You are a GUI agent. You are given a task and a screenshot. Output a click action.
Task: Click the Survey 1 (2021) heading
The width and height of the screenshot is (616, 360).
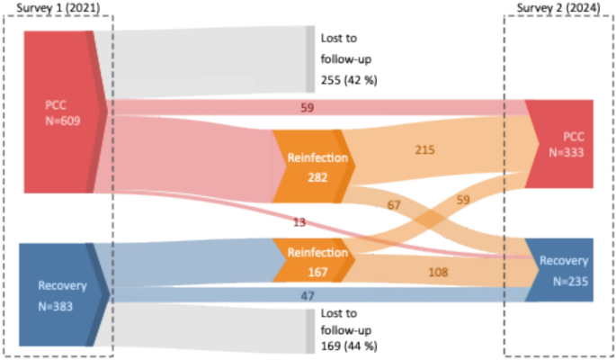[x=58, y=7]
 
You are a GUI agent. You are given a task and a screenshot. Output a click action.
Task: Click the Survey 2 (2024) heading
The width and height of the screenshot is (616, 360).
[x=558, y=7]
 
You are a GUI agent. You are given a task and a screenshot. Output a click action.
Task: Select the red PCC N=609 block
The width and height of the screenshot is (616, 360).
[x=66, y=112]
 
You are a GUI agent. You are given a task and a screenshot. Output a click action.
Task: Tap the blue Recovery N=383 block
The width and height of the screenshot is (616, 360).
[x=64, y=295]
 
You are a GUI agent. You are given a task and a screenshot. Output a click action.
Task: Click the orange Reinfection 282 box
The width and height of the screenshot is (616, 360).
[x=314, y=166]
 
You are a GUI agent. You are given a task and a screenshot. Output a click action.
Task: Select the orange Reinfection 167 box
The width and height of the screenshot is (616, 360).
[x=314, y=260]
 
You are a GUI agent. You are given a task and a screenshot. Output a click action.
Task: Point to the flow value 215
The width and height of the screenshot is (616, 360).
[x=425, y=149]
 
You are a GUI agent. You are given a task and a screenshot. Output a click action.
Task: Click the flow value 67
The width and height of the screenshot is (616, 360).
[x=394, y=205]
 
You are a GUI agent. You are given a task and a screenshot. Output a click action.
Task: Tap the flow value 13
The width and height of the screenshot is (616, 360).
[x=299, y=222]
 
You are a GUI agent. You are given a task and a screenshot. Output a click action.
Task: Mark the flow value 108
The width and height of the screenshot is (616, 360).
[x=438, y=272]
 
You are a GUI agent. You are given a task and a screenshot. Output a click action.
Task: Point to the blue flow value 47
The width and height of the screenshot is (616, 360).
[x=308, y=295]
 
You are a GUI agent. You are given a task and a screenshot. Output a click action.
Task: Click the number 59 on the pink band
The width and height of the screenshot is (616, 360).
[x=308, y=108]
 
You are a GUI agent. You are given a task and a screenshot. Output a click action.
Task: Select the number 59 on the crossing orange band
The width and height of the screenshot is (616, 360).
[x=463, y=200]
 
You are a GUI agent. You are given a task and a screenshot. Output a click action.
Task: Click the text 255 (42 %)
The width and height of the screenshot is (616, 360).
[x=349, y=80]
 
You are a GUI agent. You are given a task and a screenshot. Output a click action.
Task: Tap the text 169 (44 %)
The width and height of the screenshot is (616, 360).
[x=349, y=346]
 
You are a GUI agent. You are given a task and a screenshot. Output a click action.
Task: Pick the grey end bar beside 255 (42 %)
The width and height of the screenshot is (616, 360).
[x=310, y=59]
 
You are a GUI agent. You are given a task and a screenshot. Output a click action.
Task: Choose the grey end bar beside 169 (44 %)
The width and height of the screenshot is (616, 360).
[x=310, y=331]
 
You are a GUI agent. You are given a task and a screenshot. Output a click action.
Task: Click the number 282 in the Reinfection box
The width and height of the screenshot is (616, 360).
[x=317, y=177]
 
